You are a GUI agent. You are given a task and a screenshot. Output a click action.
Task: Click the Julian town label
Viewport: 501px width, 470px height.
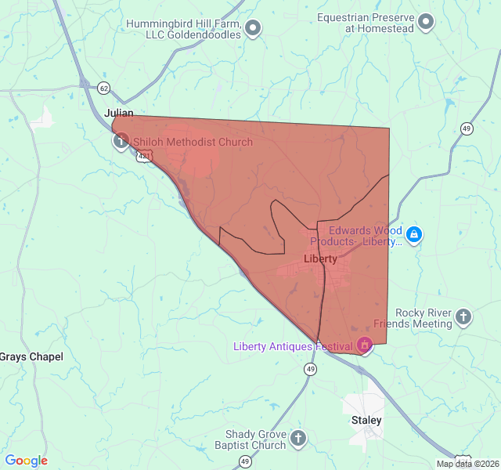120,113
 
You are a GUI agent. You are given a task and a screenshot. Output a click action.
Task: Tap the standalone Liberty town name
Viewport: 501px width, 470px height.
319,258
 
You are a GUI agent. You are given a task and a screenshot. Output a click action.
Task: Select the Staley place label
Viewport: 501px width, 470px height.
366,421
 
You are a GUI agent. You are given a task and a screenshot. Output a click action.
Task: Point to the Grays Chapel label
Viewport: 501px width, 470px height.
31,356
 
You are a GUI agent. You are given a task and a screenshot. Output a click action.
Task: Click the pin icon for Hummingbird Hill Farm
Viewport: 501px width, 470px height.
253,30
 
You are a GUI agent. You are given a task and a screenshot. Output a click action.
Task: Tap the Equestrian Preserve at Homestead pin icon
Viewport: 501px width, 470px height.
426,22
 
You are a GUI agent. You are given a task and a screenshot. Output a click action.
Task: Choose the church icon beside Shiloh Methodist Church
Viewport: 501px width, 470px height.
121,141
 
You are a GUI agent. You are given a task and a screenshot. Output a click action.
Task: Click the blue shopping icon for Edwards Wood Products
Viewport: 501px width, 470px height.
415,233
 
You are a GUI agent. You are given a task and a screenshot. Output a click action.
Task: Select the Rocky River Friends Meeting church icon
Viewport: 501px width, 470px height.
464,316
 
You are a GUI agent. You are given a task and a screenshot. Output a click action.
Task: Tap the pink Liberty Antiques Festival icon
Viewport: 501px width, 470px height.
364,344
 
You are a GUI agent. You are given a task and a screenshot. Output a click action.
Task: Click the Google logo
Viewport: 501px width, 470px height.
27,461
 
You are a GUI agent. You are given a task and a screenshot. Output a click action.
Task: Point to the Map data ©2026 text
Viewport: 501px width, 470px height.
467,464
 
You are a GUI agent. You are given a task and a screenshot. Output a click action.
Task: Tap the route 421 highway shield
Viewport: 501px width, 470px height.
143,157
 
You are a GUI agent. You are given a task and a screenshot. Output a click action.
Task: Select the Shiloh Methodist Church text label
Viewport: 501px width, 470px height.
193,143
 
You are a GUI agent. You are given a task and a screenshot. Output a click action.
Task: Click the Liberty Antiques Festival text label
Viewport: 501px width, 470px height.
294,346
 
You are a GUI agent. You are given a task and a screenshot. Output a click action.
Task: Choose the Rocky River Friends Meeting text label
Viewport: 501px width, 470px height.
413,318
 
